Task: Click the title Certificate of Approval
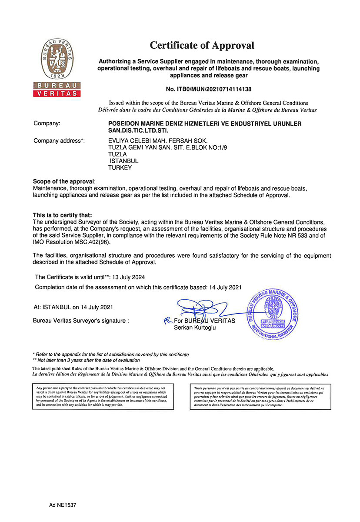[202, 45]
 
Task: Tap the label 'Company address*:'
[59, 141]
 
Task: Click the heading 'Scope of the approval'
[63, 181]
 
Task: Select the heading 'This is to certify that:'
[63, 215]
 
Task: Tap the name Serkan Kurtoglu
[194, 328]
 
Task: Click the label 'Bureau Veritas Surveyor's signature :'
[81, 321]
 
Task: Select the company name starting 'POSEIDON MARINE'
[204, 127]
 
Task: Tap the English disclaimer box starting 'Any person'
[103, 396]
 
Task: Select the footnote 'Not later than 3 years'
[89, 360]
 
